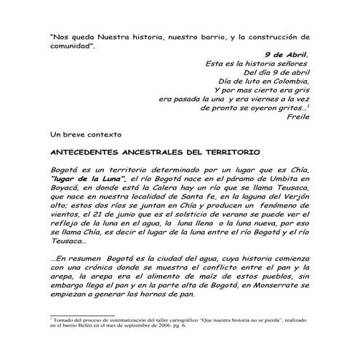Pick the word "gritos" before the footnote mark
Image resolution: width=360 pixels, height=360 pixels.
click(x=290, y=107)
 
